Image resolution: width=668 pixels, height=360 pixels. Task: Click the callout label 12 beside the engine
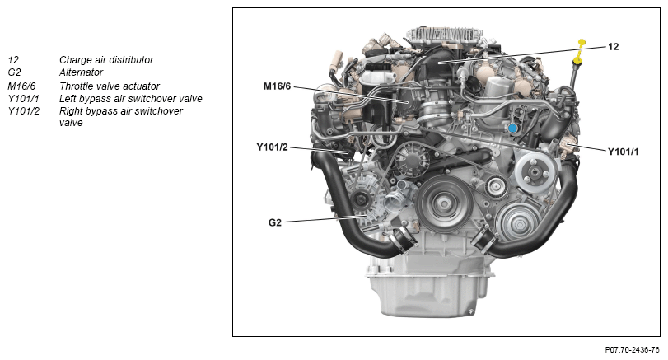click(x=613, y=47)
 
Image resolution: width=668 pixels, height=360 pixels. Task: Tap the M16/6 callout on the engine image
click(x=277, y=86)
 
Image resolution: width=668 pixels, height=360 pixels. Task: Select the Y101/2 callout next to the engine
click(x=273, y=147)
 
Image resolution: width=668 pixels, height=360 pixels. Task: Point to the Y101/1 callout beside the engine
click(x=624, y=152)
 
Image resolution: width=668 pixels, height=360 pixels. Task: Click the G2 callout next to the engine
click(x=275, y=222)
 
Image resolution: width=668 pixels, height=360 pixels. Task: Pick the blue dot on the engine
click(x=512, y=128)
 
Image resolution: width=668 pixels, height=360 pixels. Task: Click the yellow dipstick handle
click(x=580, y=51)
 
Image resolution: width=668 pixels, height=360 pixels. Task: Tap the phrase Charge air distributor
click(x=106, y=60)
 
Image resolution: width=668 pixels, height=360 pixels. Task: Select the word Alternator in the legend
click(x=81, y=72)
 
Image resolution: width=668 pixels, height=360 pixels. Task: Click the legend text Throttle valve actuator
click(x=110, y=86)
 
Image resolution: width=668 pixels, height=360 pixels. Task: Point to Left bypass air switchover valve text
click(x=131, y=99)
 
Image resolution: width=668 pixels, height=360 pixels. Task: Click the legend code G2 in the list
click(x=14, y=72)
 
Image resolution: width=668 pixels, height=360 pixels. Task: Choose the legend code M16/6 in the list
click(x=21, y=86)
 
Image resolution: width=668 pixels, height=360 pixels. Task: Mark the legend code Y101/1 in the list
click(x=23, y=99)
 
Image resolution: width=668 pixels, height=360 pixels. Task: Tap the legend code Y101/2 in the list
click(x=23, y=111)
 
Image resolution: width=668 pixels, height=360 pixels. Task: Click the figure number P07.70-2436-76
click(x=633, y=350)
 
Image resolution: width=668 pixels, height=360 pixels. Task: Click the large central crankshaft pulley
click(x=444, y=204)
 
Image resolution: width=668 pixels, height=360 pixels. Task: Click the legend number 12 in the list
click(x=13, y=60)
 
